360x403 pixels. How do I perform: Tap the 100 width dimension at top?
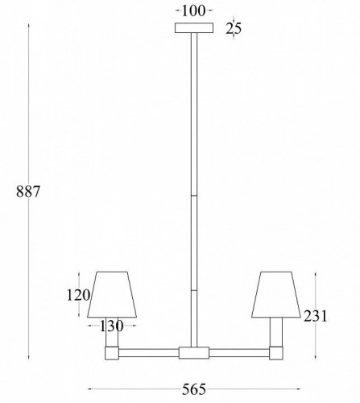pos(193,10)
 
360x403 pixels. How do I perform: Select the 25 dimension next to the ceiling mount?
pos(234,29)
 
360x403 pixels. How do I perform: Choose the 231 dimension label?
pos(316,318)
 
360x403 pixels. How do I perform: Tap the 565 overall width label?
pos(193,389)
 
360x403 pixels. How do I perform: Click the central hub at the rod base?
pos(193,352)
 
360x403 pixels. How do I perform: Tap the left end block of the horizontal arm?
pos(111,352)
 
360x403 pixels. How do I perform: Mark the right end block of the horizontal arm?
pos(276,352)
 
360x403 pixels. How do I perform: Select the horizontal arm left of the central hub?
pos(149,352)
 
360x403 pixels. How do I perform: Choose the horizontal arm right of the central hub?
pos(239,352)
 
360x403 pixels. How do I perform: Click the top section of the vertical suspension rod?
pos(193,113)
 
